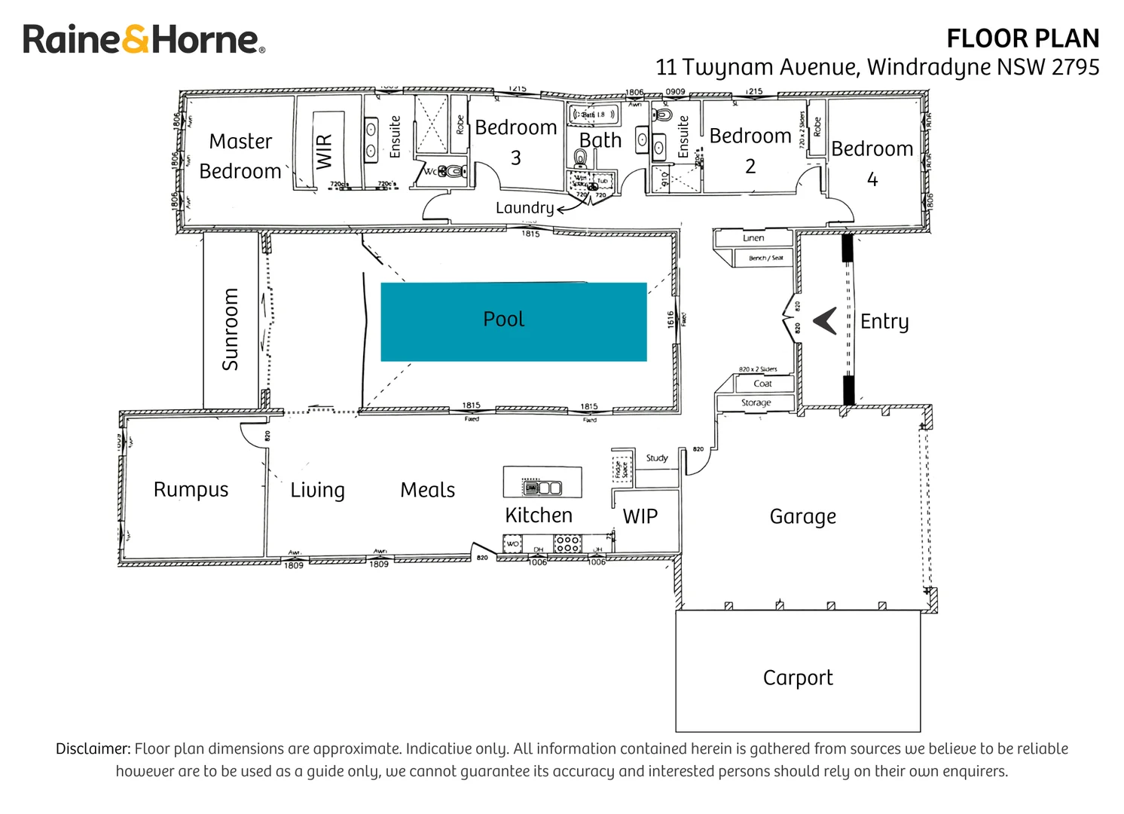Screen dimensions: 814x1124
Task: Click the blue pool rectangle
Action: (x=514, y=322)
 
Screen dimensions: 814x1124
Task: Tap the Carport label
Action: (x=798, y=678)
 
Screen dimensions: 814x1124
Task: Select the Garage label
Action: (x=802, y=516)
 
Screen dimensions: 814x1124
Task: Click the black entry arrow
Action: (x=826, y=321)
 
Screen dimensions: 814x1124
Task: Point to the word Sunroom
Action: (x=231, y=329)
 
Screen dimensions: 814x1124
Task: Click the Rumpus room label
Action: (x=191, y=489)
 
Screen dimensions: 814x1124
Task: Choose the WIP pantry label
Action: (x=640, y=516)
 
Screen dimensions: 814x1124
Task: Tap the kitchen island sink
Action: (x=542, y=488)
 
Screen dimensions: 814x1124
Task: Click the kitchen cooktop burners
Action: (x=567, y=543)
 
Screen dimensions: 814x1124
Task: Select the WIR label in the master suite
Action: (x=325, y=151)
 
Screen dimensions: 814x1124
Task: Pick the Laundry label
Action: (x=524, y=208)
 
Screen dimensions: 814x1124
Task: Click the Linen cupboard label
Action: (x=753, y=238)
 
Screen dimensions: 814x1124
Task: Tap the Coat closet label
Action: (x=763, y=384)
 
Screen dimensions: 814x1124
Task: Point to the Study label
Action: (x=657, y=458)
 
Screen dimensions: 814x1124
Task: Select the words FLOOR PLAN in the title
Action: (x=1022, y=38)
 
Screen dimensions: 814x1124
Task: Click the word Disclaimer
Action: (x=93, y=748)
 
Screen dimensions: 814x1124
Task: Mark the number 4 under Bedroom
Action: (x=872, y=179)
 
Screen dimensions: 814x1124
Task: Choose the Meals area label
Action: (x=427, y=490)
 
